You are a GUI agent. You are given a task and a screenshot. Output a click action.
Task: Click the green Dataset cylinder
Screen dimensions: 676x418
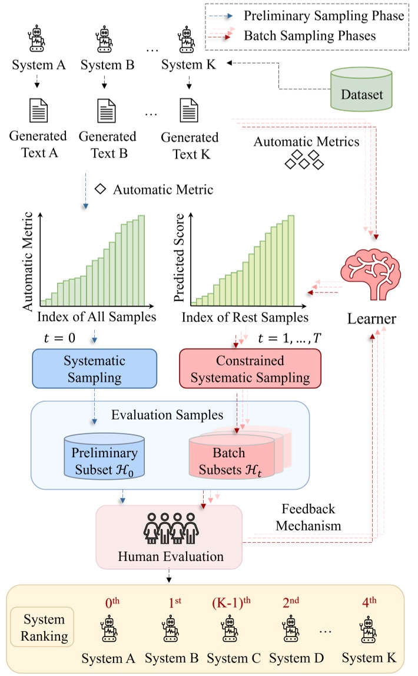(x=361, y=89)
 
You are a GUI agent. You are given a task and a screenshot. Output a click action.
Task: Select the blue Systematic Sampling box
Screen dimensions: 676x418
(x=94, y=368)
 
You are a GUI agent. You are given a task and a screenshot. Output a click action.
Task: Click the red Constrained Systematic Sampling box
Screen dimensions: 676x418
(x=250, y=368)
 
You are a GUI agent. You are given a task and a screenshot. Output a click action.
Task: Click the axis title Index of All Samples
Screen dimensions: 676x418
(x=97, y=318)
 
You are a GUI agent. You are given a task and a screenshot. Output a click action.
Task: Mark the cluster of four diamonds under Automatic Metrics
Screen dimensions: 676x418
(x=304, y=160)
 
